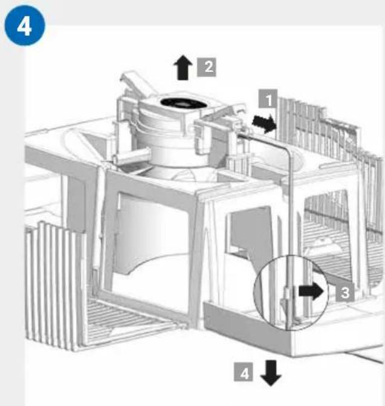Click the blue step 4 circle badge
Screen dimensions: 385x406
(x=25, y=25)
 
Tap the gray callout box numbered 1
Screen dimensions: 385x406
(x=268, y=99)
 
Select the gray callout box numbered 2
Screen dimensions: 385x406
(x=207, y=67)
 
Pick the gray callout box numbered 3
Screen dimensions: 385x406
(x=345, y=293)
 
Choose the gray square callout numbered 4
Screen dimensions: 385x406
(x=244, y=372)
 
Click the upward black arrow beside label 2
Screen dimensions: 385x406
(x=183, y=67)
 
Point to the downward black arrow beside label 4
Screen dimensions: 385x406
(x=271, y=373)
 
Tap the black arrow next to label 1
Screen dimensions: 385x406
(x=264, y=123)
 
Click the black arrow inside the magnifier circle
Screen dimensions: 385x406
(x=311, y=291)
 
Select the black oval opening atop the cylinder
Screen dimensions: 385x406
(x=183, y=103)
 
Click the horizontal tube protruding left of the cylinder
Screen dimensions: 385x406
(x=132, y=156)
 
